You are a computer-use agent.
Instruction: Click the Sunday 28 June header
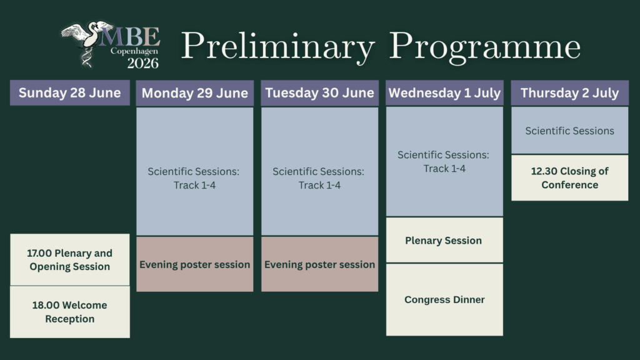point(70,92)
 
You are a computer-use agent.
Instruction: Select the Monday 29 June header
point(195,93)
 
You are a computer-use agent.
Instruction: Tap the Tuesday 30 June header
point(319,93)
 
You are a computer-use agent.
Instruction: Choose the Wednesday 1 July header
point(444,93)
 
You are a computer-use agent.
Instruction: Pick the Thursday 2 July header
point(570,93)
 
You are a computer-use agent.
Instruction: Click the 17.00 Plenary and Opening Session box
point(70,259)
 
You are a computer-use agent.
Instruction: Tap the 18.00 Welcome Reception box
point(70,312)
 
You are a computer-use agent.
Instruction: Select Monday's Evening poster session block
point(195,264)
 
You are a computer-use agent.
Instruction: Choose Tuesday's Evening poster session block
point(319,264)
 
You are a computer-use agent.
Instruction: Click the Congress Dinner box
point(444,299)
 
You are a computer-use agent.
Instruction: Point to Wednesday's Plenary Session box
point(444,240)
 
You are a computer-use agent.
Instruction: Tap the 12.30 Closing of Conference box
point(570,177)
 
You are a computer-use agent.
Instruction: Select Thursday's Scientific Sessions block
point(570,130)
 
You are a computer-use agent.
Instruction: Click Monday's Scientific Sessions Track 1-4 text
point(194,178)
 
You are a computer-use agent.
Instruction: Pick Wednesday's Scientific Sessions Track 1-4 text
point(444,162)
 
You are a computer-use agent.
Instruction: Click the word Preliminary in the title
point(277,46)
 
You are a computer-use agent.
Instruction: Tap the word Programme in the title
point(485,46)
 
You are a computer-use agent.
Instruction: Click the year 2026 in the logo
point(143,63)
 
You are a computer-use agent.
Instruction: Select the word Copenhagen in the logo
point(134,51)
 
